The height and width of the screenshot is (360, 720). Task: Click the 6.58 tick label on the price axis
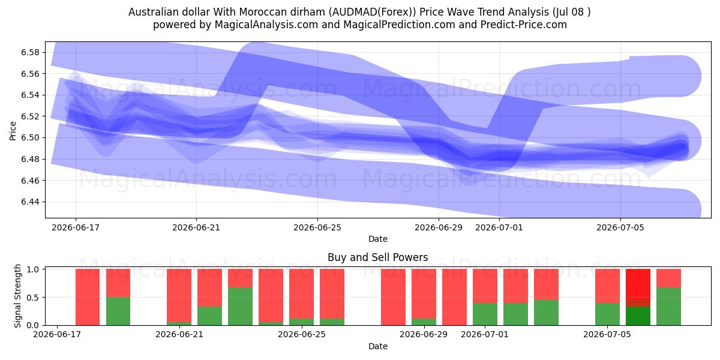pos(31,52)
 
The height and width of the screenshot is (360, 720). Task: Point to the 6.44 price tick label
pos(31,202)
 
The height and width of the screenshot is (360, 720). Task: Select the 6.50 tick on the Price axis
pos(31,137)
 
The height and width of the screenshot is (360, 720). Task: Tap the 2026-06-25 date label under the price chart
pos(317,227)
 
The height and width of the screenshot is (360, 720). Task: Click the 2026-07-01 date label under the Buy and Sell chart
pos(485,334)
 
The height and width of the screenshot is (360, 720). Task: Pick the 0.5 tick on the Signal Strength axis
pos(33,298)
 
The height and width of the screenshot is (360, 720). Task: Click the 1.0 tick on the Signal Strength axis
pos(33,269)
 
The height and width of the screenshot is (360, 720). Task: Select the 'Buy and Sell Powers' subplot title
pos(377,257)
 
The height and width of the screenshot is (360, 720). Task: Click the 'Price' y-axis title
pos(13,131)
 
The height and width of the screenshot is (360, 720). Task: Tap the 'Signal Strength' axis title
pos(17,296)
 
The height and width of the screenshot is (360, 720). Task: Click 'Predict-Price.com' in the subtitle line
pos(524,25)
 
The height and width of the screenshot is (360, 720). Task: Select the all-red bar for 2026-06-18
pos(88,297)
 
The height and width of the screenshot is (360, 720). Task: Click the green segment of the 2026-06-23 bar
pos(241,307)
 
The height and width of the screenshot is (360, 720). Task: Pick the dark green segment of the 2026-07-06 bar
pos(638,316)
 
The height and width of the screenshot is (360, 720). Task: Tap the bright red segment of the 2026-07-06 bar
pos(638,284)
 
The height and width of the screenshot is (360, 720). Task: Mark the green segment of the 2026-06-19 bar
pos(118,311)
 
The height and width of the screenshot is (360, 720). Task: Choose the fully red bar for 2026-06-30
pos(455,297)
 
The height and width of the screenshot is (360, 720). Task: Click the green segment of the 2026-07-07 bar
pos(668,307)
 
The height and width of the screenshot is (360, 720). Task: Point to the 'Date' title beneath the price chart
pos(377,239)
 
